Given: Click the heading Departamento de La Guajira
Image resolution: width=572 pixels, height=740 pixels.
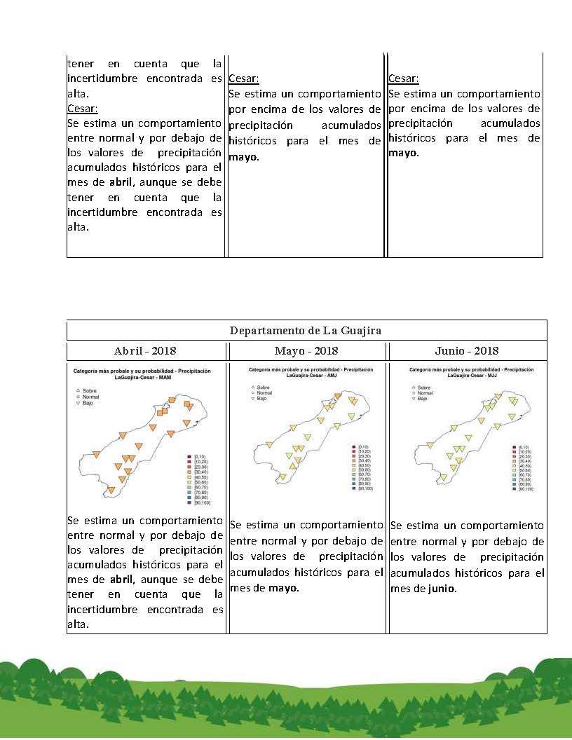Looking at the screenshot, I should [x=306, y=330].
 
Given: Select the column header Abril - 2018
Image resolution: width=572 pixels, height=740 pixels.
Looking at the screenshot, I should [x=145, y=350].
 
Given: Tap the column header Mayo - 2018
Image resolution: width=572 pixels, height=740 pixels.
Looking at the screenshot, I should [x=306, y=350].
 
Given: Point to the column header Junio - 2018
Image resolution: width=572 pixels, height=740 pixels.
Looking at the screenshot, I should [x=467, y=350].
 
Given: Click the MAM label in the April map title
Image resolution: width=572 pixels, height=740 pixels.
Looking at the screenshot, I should [x=165, y=378].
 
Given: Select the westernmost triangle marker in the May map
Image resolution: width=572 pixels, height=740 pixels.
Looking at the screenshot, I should [x=268, y=444].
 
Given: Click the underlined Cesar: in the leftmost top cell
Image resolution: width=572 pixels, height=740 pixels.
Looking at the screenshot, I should [x=83, y=109].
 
